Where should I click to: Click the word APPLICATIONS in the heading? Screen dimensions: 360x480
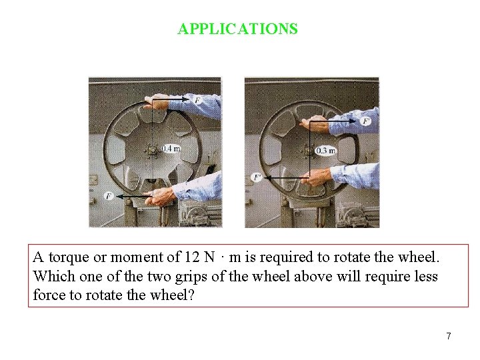point(237,29)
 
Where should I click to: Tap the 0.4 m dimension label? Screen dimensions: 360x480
point(171,148)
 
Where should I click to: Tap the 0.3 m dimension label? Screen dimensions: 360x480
point(325,151)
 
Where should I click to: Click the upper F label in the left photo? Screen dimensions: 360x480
point(197,100)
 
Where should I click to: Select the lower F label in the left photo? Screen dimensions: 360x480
point(108,196)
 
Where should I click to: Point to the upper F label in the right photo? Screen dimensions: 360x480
point(365,121)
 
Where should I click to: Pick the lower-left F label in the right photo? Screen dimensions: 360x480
point(257,177)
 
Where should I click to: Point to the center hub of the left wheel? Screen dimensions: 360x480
point(153,149)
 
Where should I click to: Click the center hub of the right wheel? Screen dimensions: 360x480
point(308,151)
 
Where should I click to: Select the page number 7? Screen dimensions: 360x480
point(449,336)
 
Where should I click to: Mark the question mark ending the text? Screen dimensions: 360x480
point(191,295)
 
